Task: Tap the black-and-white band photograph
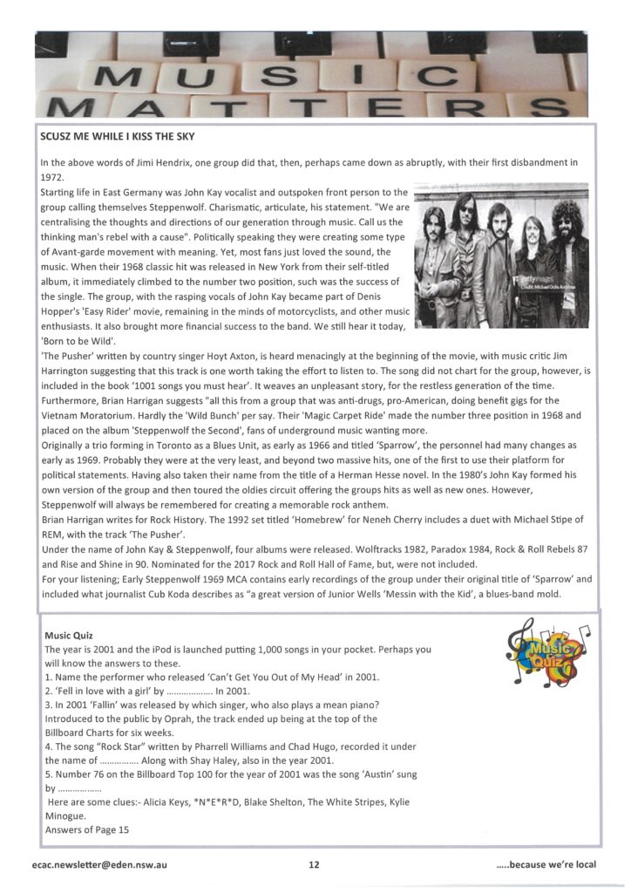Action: (x=501, y=255)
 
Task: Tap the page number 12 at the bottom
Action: (x=314, y=864)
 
